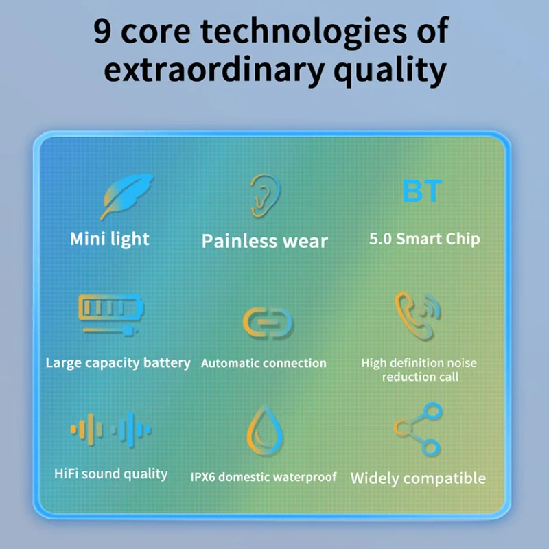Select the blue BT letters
(x=422, y=191)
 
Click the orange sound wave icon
(x=86, y=430)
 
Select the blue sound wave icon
(x=131, y=430)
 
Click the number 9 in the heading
(x=102, y=31)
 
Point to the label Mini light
(x=110, y=240)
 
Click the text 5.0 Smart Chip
(x=424, y=239)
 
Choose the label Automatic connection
(x=264, y=363)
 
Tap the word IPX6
(x=202, y=477)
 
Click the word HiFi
(x=65, y=474)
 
